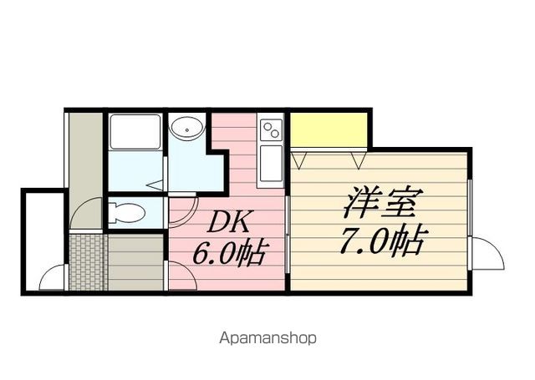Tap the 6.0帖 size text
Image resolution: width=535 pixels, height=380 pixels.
tap(229, 254)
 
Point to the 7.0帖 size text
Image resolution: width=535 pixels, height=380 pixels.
tap(383, 241)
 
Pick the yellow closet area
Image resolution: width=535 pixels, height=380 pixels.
tap(329, 129)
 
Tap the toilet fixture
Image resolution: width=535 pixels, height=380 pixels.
tap(127, 213)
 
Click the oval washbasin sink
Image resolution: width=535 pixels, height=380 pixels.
tap(187, 129)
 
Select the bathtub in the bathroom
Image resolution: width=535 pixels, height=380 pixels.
tap(135, 132)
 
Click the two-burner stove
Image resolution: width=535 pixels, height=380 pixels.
tap(272, 129)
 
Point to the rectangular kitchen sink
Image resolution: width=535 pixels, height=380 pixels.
tap(272, 164)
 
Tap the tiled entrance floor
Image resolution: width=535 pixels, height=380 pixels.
tap(88, 261)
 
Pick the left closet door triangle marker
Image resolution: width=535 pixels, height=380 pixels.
tap(299, 160)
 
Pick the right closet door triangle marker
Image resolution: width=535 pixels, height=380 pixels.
tap(359, 160)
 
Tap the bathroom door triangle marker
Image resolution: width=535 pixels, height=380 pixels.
tap(155, 185)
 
